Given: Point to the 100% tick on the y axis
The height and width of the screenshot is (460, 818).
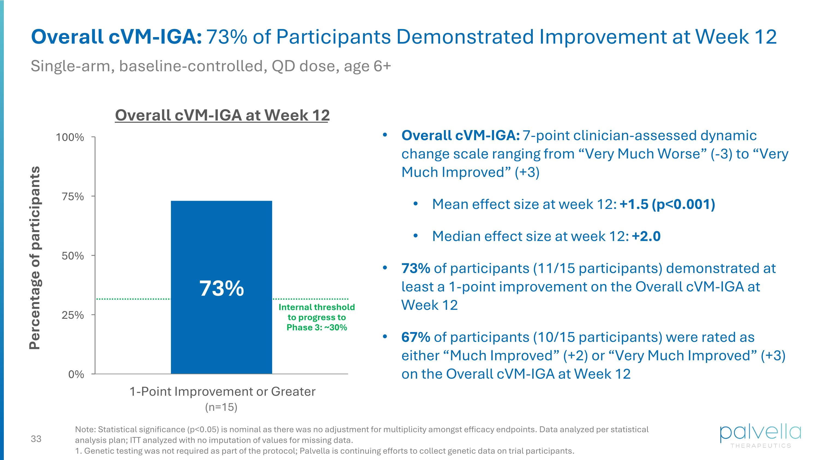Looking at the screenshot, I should click(x=70, y=137).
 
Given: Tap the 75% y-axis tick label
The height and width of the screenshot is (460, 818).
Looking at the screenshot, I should click(x=73, y=197).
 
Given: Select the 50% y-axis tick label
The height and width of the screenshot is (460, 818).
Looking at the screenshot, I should click(x=73, y=256).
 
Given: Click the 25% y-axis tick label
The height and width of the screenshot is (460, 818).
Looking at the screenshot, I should click(x=73, y=315).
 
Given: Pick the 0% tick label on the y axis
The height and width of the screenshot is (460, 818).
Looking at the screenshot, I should click(x=76, y=375).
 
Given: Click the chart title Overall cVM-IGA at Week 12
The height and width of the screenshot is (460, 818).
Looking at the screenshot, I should click(x=222, y=115).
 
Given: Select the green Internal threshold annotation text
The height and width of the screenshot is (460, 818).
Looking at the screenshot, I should click(x=317, y=317).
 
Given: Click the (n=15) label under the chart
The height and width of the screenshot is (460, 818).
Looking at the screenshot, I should click(x=221, y=407).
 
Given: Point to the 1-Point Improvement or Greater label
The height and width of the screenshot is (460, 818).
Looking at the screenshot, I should click(x=222, y=392).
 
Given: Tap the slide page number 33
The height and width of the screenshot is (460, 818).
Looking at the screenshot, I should click(x=36, y=439).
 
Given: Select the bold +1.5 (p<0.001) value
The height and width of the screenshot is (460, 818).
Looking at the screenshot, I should click(x=667, y=204).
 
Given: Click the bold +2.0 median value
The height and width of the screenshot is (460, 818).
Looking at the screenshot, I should click(x=646, y=236).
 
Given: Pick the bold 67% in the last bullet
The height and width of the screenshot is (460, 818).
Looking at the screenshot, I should click(x=416, y=337).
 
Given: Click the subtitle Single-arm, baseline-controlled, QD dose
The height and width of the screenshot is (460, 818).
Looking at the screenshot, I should click(x=210, y=66).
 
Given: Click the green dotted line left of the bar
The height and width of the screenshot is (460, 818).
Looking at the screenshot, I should click(x=133, y=299).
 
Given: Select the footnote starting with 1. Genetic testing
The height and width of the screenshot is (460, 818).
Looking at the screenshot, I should click(x=324, y=451).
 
